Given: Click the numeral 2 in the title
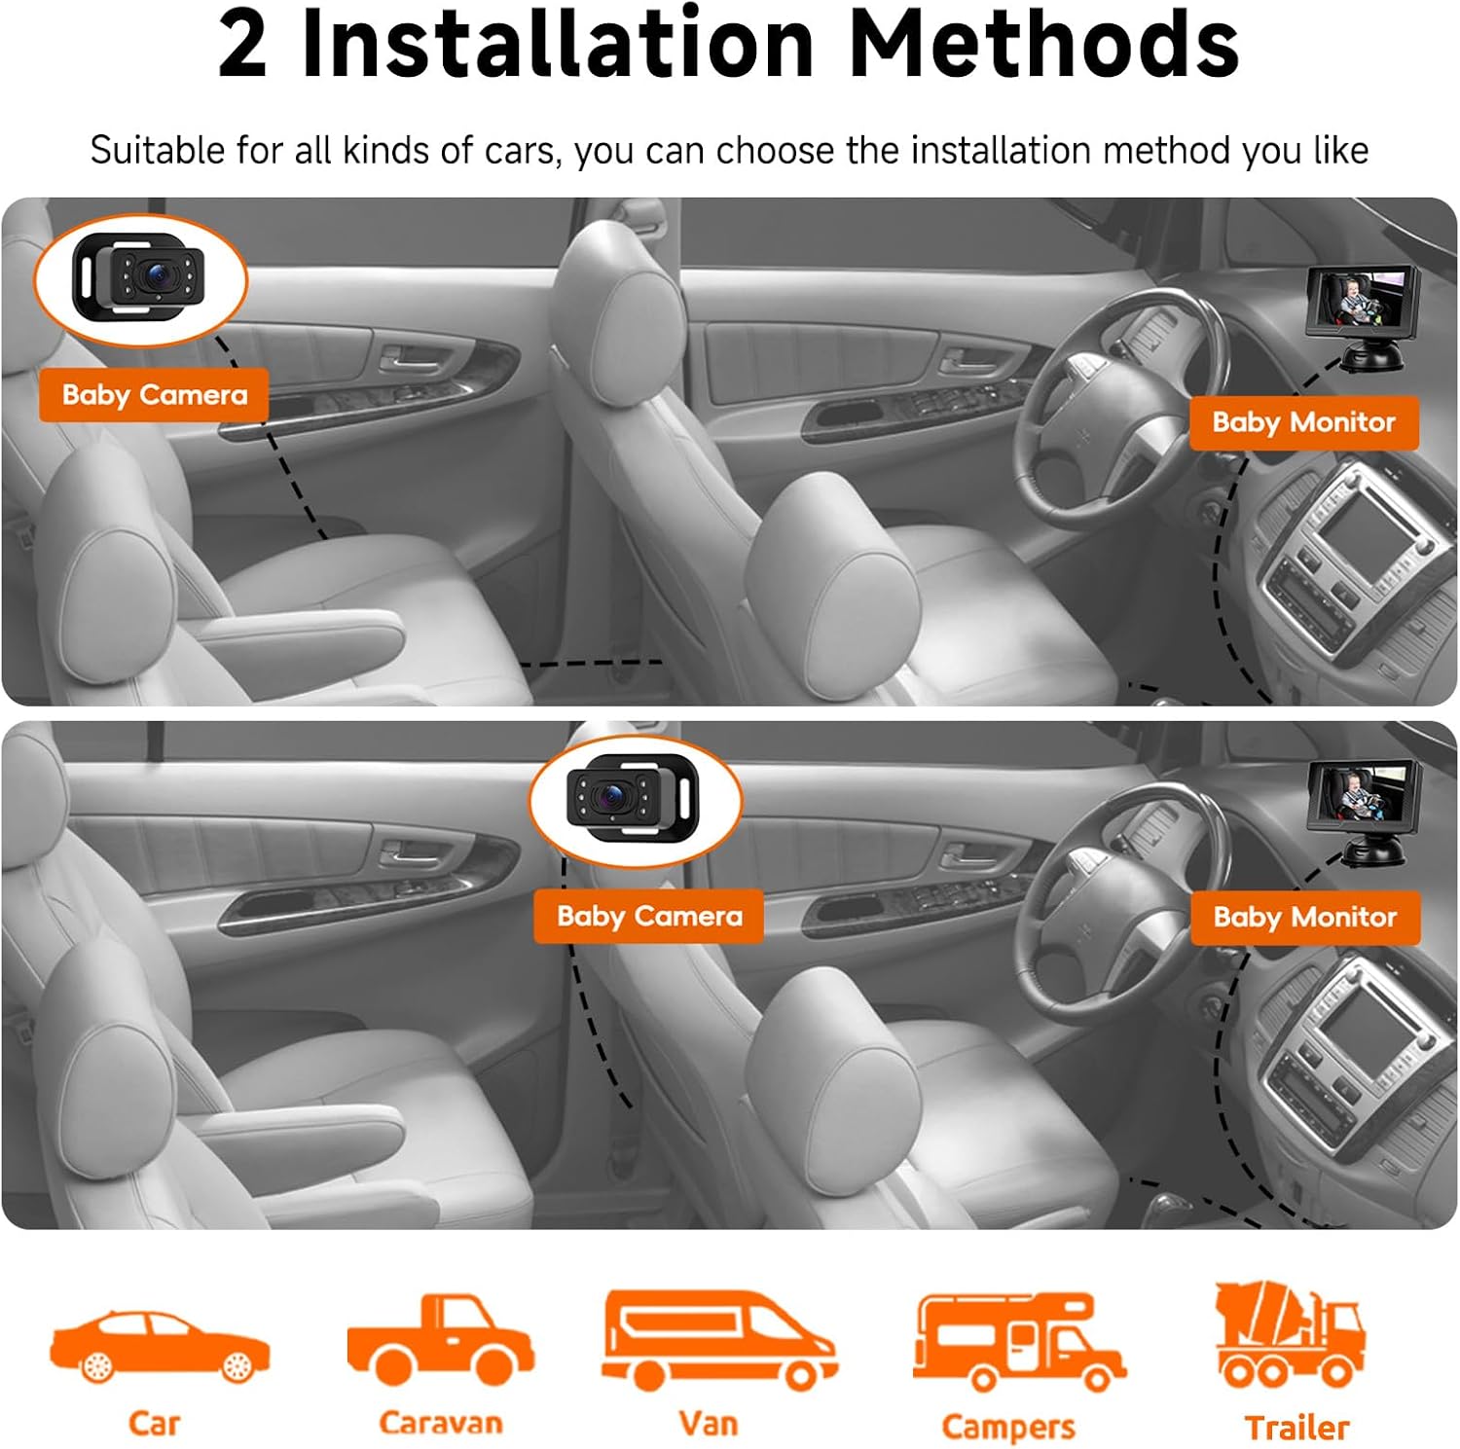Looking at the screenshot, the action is (242, 45).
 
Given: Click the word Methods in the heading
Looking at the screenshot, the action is (1043, 44).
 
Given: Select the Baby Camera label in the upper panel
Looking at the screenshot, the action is (154, 395).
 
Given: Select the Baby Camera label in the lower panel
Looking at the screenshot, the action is (649, 917).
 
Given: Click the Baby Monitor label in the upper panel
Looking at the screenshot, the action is (1303, 422).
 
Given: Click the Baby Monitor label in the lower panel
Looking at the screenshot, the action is (1304, 918).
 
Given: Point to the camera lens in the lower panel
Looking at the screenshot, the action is (612, 797).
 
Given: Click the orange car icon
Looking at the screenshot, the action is (160, 1346).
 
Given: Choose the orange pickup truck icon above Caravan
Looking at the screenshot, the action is (441, 1339).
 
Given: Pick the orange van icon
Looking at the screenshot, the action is (719, 1339).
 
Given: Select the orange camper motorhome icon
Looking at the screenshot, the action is (1019, 1341).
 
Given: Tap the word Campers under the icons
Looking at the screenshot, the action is (1008, 1428).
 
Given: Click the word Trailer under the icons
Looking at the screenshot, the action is (1297, 1428).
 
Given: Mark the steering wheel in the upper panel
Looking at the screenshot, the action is (1119, 409).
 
